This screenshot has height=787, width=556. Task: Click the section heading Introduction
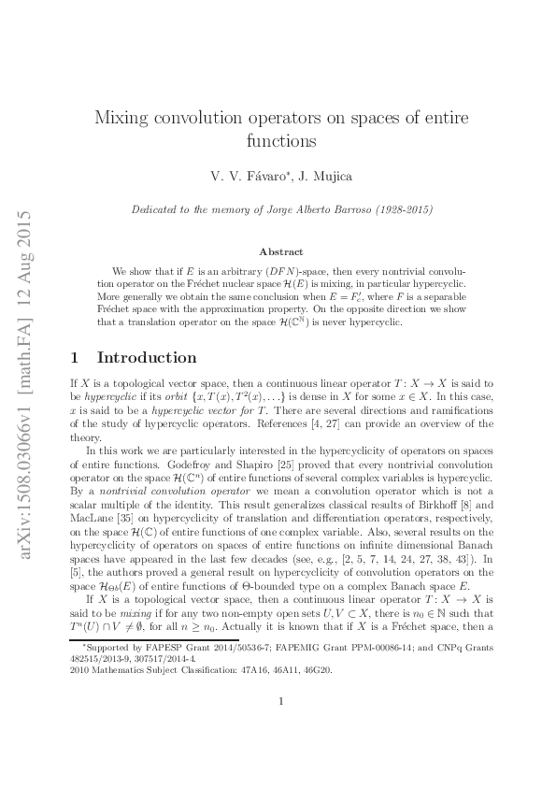pos(147,357)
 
